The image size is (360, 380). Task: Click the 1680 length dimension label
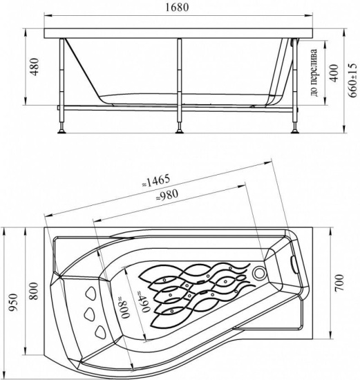177,8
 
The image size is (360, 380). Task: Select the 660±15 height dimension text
353,80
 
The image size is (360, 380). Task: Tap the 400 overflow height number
334,73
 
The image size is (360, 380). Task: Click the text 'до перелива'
314,73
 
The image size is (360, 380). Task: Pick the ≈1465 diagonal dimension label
155,181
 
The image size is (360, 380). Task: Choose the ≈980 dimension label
167,196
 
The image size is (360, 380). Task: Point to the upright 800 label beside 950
34,291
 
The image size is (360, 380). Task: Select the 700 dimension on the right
339,283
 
